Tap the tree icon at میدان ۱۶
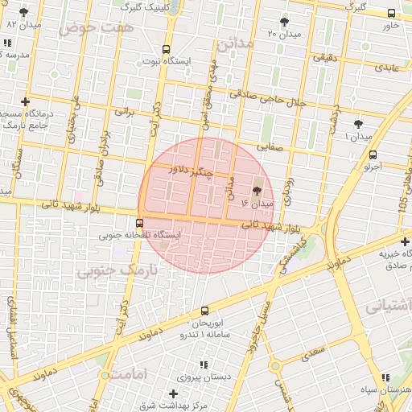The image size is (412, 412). pos(257,192)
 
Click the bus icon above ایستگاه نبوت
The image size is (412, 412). pos(166,49)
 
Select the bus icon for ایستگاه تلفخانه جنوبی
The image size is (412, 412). pos(140,223)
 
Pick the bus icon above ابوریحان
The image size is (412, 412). pos(204,311)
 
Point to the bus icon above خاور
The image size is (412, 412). pos(391,14)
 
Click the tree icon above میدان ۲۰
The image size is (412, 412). pos(284,22)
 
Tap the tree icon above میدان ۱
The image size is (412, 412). pos(359,124)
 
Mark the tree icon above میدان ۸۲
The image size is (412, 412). pos(23,12)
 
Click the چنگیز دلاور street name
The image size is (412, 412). pos(192,171)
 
